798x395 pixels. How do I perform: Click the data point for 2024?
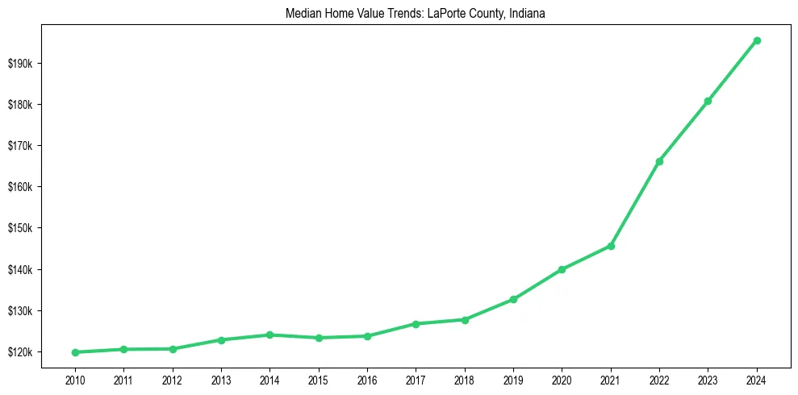(756, 40)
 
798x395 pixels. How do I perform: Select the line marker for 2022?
(659, 161)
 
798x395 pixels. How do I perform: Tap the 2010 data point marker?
(75, 352)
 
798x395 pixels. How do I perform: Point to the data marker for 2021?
(611, 246)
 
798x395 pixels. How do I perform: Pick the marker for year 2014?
(269, 335)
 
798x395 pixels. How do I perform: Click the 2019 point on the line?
(513, 299)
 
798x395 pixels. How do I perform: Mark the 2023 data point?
(708, 101)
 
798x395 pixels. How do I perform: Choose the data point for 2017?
(416, 324)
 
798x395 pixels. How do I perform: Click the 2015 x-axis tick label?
(319, 379)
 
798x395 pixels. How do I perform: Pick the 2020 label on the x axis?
(562, 379)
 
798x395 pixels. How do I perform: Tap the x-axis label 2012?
(173, 379)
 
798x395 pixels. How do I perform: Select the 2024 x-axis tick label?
(756, 379)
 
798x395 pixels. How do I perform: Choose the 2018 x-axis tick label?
(465, 379)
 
